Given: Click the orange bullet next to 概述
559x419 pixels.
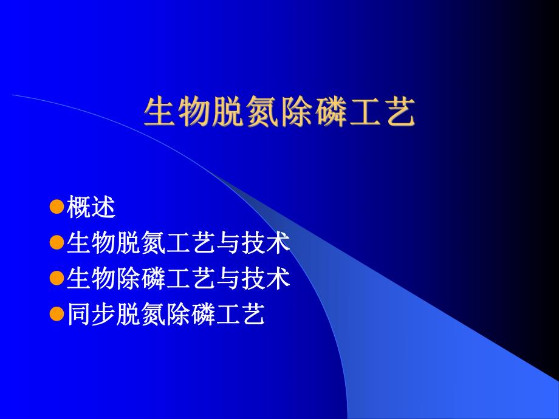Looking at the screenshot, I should [57, 208].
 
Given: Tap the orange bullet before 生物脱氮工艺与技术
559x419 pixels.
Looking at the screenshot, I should [57, 244].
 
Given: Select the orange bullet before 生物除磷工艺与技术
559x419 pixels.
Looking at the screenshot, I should [57, 279].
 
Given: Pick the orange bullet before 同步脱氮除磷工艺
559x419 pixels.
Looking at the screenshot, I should [57, 315].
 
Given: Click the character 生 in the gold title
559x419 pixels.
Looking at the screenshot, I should [161, 112].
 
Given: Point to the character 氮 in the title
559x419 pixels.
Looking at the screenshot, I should [262, 112].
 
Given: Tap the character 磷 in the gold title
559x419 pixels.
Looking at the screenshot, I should [331, 112].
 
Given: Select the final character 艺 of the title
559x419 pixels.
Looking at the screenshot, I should [399, 112].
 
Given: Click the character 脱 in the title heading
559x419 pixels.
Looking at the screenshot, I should [228, 112].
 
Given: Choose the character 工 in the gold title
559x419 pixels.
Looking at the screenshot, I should [365, 112].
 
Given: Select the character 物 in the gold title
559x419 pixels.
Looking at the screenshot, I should [195, 112].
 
